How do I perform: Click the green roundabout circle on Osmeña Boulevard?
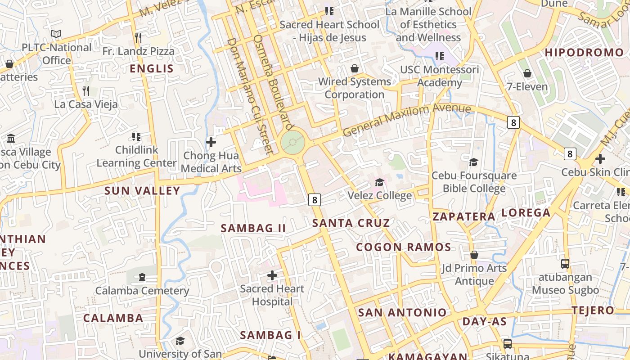point(293,143)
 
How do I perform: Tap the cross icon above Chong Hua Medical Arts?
point(211,143)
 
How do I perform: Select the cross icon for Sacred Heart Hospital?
point(272,275)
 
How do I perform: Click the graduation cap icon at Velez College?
point(380,182)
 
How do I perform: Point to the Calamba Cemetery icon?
point(142,277)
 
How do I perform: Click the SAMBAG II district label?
point(253,228)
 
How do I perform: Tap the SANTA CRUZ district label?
point(351,223)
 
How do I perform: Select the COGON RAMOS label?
point(404,247)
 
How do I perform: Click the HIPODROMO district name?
point(584,53)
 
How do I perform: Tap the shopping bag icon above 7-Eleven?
point(527,73)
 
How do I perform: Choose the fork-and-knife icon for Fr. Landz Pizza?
point(138,38)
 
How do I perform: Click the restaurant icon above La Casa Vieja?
point(86,91)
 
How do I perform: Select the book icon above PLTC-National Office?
point(56,34)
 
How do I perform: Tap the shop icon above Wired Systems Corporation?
point(355,68)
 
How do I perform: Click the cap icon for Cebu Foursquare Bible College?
point(473,162)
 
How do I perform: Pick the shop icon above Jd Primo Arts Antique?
point(474,255)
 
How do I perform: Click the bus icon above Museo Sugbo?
point(565,264)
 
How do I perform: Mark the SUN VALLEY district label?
point(142,191)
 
